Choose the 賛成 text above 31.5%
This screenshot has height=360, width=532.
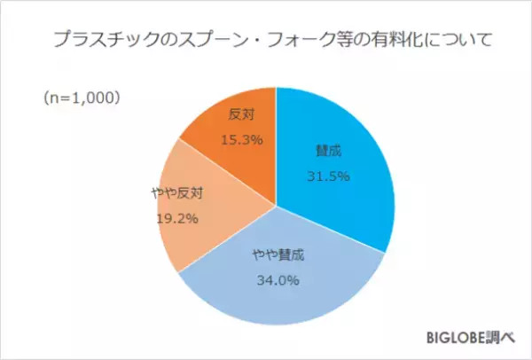327,151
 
